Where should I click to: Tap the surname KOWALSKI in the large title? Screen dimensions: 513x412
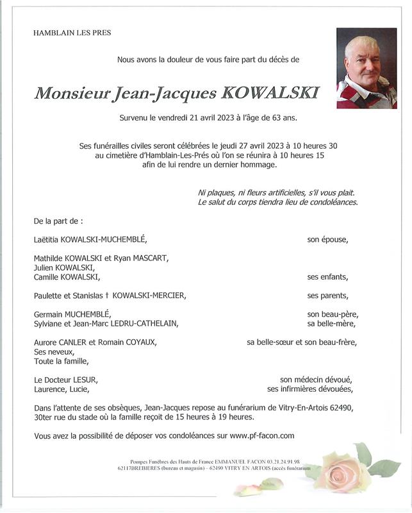(x=269, y=93)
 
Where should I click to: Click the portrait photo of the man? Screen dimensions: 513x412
(x=367, y=68)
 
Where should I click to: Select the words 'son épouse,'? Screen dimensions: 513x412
(x=327, y=240)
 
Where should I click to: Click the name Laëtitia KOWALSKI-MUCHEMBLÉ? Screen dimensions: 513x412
(x=90, y=240)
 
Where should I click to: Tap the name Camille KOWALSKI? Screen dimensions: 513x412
(x=67, y=277)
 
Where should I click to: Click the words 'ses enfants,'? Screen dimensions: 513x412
(x=327, y=277)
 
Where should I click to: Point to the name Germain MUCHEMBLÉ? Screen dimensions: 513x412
(x=72, y=314)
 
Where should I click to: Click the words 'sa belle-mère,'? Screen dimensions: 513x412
(x=332, y=323)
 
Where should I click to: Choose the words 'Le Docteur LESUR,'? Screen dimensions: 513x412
(x=65, y=380)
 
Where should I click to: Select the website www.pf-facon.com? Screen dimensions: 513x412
(x=261, y=436)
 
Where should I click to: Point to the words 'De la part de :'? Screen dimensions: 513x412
(x=58, y=221)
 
